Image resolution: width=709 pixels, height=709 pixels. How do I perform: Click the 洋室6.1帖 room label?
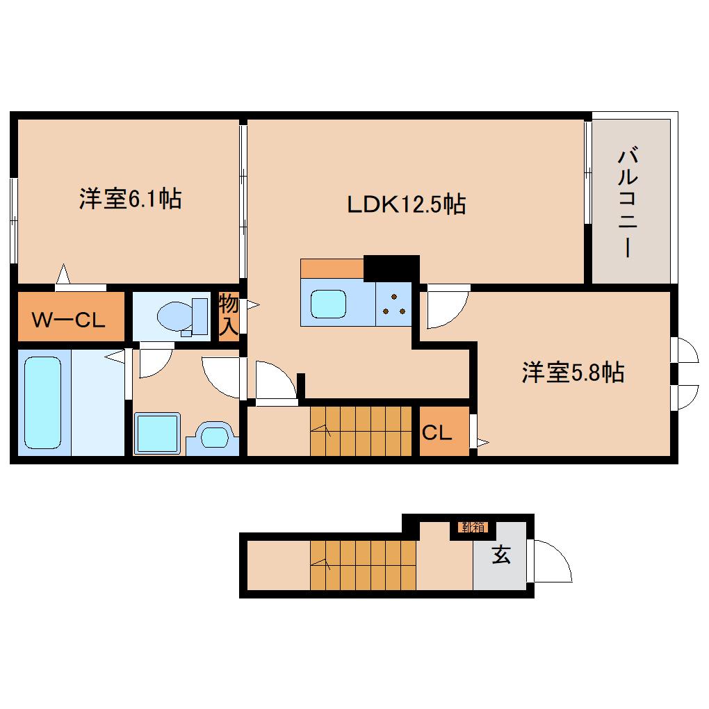pyautogui.click(x=130, y=200)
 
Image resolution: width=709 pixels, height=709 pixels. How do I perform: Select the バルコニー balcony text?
pyautogui.click(x=628, y=202)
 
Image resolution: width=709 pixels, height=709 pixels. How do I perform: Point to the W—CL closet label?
pyautogui.click(x=70, y=320)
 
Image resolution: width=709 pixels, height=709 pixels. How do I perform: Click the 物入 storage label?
pyautogui.click(x=229, y=316)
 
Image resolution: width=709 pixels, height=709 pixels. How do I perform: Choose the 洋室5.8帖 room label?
pyautogui.click(x=573, y=373)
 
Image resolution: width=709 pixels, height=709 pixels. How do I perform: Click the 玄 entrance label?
pyautogui.click(x=500, y=555)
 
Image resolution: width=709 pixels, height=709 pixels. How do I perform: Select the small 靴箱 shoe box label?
pyautogui.click(x=472, y=527)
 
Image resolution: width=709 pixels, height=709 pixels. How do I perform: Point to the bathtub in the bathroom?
pyautogui.click(x=43, y=403)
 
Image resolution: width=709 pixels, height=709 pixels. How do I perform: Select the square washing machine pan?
pyautogui.click(x=157, y=434)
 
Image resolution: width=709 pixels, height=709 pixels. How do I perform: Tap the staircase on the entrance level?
pyautogui.click(x=361, y=564)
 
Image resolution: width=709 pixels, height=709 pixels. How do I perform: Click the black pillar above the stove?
pyautogui.click(x=391, y=268)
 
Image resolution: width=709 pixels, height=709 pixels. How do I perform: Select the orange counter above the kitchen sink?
pyautogui.click(x=332, y=268)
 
